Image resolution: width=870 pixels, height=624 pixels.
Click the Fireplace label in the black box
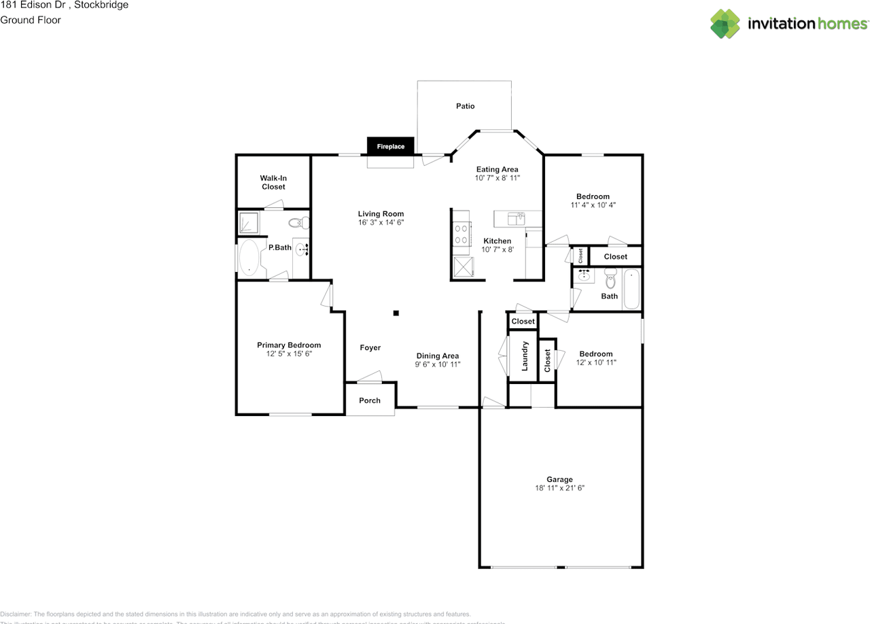(391, 146)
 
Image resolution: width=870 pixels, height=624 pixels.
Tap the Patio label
(465, 106)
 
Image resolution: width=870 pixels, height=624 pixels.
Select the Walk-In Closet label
(273, 182)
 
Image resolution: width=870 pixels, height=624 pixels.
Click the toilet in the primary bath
(298, 222)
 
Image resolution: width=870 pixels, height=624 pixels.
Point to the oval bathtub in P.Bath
(249, 258)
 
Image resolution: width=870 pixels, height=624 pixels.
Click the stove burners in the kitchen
(462, 234)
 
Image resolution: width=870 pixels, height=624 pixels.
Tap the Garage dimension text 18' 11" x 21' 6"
(560, 488)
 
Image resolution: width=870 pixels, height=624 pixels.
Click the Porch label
(370, 400)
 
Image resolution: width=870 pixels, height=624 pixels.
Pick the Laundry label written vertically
(525, 356)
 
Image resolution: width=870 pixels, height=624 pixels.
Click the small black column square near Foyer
(396, 313)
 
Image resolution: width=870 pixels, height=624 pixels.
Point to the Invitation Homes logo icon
(725, 23)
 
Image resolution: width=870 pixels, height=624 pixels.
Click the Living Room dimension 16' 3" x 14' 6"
(381, 222)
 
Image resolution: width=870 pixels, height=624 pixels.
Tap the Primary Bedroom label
(289, 345)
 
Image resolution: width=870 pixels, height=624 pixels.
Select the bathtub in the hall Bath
(631, 289)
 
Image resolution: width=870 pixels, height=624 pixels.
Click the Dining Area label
(438, 356)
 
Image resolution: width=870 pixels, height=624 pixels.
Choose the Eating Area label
(497, 169)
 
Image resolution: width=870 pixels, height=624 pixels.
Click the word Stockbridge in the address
(101, 5)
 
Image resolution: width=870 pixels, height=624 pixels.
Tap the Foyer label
(370, 347)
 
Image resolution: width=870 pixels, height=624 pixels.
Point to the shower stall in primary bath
(248, 223)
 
